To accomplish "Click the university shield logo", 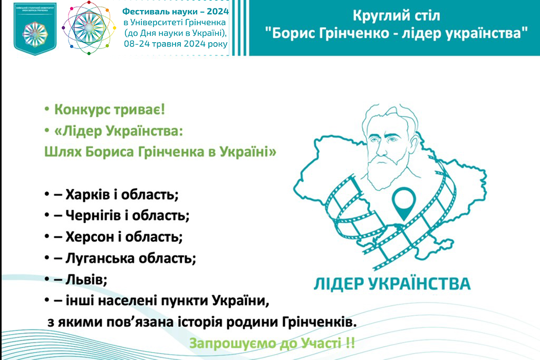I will coord(34,30).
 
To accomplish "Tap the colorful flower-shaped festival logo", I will coord(88,30).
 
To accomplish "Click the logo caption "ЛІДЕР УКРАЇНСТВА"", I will coord(391,283).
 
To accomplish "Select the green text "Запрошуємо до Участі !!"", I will coord(272,344).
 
